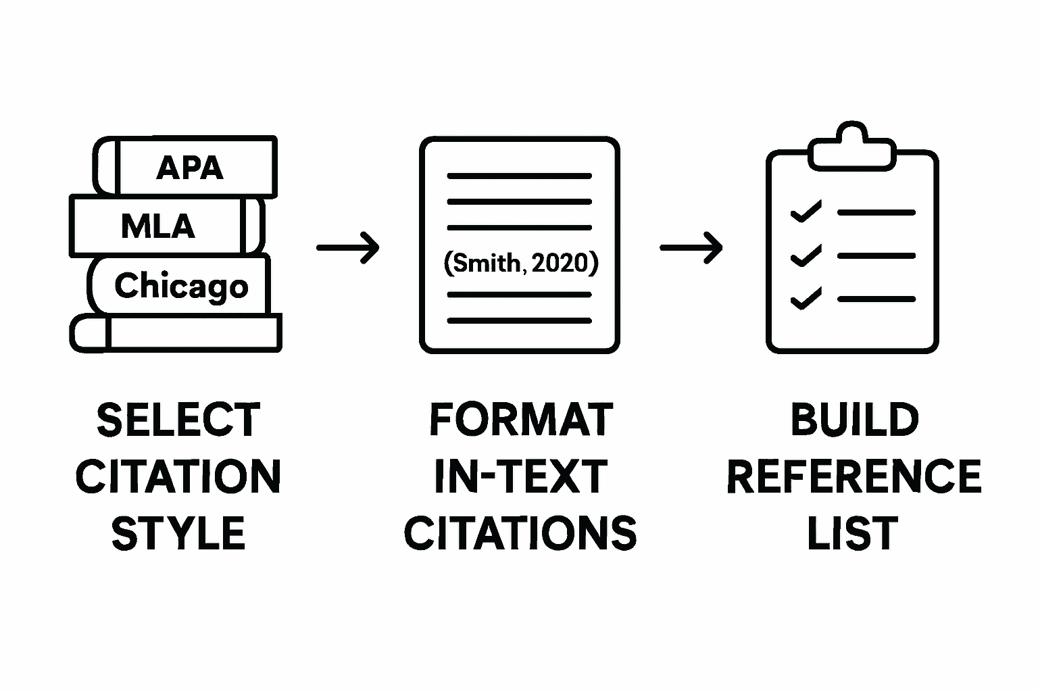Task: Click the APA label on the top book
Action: pyautogui.click(x=189, y=168)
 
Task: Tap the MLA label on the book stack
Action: pyautogui.click(x=158, y=226)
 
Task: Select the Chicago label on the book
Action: pyautogui.click(x=181, y=286)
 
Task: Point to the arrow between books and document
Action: pyautogui.click(x=347, y=247)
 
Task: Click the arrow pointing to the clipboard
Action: pyautogui.click(x=691, y=247)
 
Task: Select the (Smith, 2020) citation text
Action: pyautogui.click(x=520, y=262)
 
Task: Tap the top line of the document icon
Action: pyautogui.click(x=519, y=176)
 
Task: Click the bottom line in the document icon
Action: pyautogui.click(x=519, y=320)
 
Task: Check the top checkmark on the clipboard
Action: pyautogui.click(x=806, y=212)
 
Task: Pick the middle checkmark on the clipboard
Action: pyautogui.click(x=806, y=255)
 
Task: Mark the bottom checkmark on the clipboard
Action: pyautogui.click(x=806, y=299)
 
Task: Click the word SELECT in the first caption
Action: pyautogui.click(x=178, y=420)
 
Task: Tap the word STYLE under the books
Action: pyautogui.click(x=178, y=533)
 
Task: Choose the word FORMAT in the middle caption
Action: pyautogui.click(x=520, y=420)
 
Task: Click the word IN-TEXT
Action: pyautogui.click(x=520, y=476)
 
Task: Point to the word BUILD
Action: pyautogui.click(x=854, y=420)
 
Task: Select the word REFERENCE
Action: pyautogui.click(x=854, y=476)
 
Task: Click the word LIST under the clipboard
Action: pyautogui.click(x=853, y=533)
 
